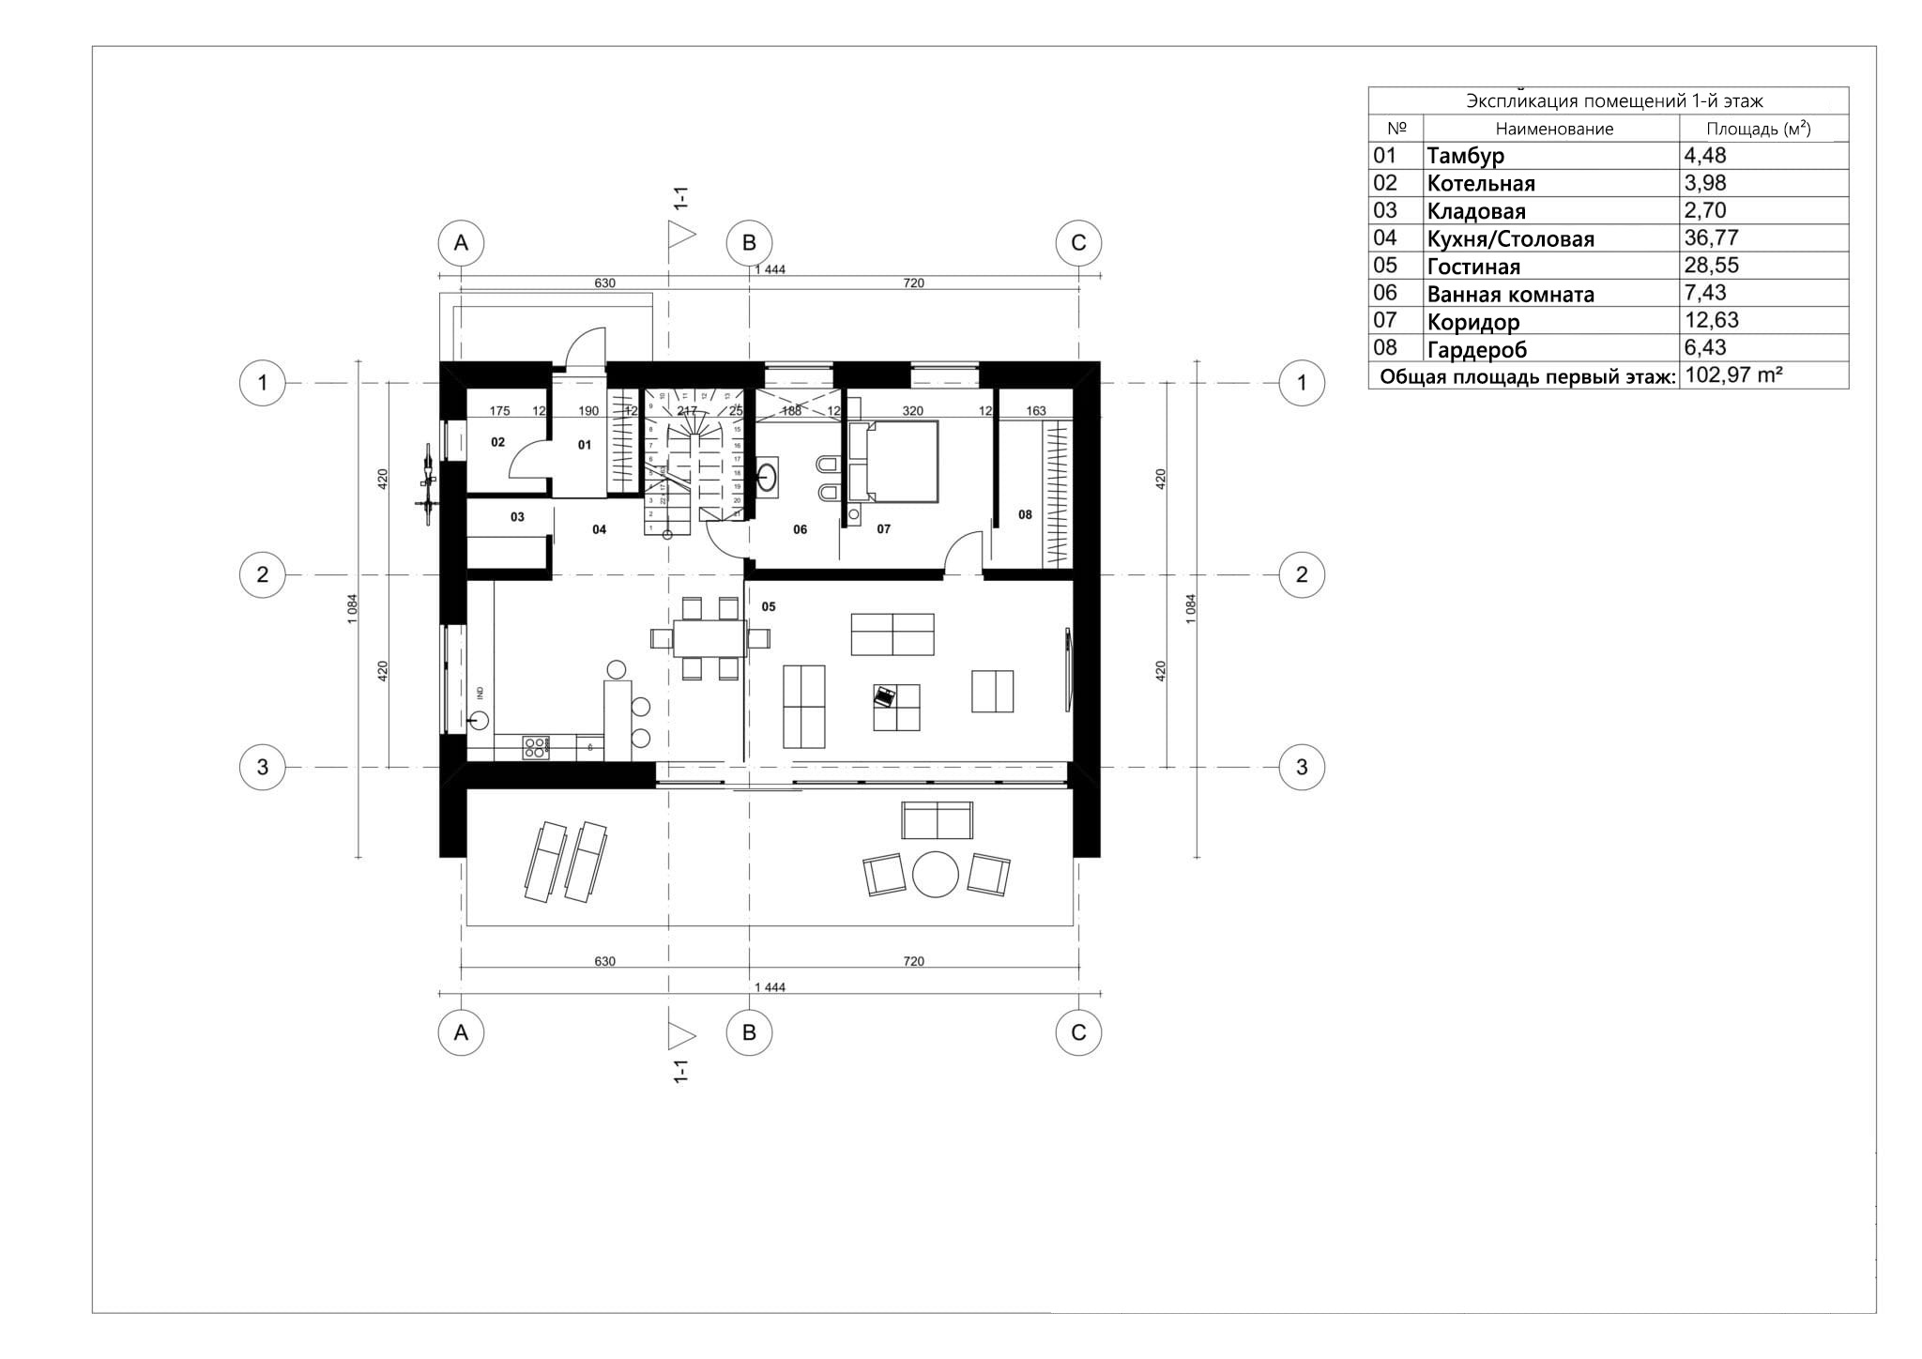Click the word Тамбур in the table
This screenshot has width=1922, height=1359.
point(1465,156)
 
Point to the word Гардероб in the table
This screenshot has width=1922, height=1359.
point(1476,349)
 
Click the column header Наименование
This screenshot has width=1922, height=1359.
point(1554,129)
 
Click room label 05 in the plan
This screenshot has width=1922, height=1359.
point(769,606)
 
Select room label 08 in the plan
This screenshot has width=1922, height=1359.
point(1025,514)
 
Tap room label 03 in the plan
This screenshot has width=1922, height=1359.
point(517,517)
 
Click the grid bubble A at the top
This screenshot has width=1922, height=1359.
point(461,243)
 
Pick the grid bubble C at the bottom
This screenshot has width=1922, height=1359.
point(1077,1032)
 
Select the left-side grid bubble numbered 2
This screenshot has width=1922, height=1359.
point(263,574)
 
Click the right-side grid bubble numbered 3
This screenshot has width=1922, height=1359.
point(1301,767)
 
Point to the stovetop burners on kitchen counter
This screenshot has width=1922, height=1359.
point(536,748)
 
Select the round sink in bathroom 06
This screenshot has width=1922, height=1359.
point(768,476)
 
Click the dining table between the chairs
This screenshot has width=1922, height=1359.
point(710,638)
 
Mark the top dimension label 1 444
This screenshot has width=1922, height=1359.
point(770,269)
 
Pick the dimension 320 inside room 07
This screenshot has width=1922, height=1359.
point(912,410)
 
